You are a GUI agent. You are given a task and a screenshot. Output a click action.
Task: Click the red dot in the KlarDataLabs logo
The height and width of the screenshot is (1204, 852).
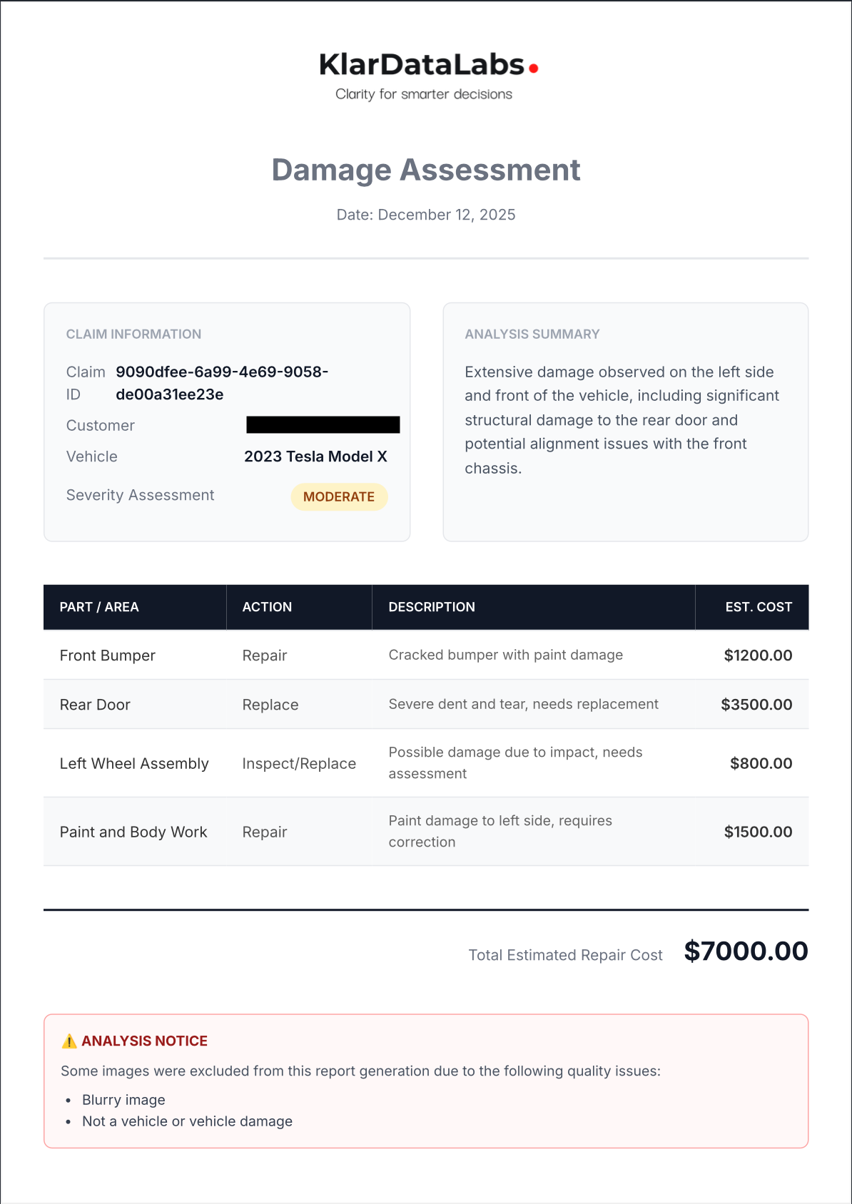(x=533, y=68)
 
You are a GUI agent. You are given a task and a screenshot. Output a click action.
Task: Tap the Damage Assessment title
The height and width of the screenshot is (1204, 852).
(x=426, y=170)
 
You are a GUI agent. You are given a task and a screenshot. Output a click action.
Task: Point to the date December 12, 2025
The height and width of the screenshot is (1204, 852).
(x=426, y=215)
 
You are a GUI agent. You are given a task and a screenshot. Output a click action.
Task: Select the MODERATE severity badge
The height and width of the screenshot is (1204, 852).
(x=339, y=497)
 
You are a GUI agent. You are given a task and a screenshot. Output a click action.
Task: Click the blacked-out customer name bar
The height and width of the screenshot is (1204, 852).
(x=323, y=425)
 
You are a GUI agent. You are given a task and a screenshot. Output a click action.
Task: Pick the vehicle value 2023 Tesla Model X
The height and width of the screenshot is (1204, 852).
(x=315, y=456)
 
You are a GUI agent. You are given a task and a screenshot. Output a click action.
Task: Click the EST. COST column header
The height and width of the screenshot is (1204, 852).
(x=759, y=607)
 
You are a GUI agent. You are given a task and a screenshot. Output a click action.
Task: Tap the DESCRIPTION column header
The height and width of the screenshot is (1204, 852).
(x=432, y=607)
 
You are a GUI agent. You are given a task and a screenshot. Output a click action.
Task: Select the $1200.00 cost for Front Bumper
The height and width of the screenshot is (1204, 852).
(x=758, y=655)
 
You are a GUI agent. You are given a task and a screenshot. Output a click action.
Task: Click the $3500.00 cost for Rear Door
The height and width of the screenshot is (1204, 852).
(x=756, y=705)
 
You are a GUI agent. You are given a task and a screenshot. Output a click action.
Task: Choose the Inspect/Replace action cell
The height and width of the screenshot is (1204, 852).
(x=299, y=764)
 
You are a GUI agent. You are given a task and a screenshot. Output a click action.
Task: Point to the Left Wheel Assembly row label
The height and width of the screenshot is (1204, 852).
(x=134, y=764)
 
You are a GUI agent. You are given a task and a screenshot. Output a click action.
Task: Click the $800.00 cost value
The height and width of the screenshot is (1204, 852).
(x=761, y=764)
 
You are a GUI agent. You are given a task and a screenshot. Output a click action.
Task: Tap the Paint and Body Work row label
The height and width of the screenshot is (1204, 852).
(x=133, y=832)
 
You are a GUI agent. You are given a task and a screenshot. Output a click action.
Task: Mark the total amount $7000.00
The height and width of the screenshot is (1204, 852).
(x=746, y=952)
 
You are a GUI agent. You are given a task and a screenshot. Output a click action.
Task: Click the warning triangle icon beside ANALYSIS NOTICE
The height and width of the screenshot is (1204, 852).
(x=69, y=1041)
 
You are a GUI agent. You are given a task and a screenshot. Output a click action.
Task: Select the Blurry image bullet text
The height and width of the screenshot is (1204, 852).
(x=123, y=1100)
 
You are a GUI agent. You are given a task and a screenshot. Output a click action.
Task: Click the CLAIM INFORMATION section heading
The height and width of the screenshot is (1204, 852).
(x=133, y=335)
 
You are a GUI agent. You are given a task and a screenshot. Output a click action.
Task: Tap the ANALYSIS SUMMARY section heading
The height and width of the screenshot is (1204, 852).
(x=532, y=335)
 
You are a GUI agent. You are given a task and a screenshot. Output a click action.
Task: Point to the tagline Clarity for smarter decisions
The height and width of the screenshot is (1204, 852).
(x=424, y=94)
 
